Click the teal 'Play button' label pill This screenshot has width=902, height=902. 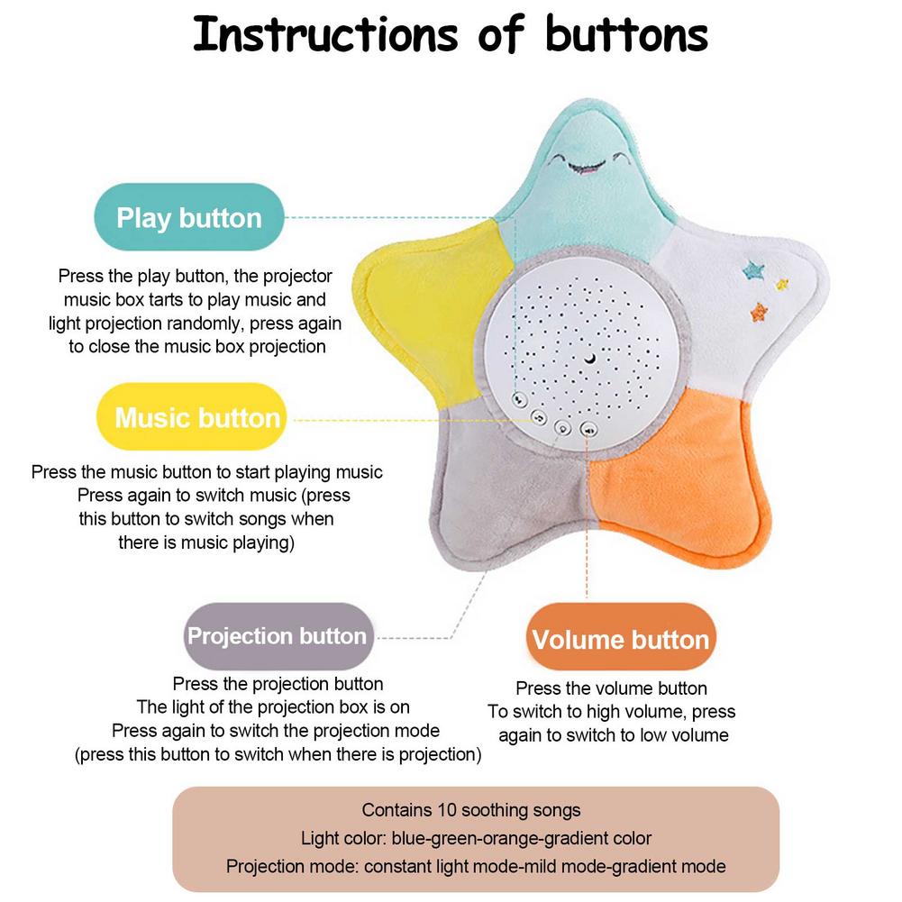189,217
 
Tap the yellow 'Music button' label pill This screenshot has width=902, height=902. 196,418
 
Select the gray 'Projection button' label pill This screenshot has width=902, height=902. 277,636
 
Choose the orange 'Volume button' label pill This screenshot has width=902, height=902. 620,640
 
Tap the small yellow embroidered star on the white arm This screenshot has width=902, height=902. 781,284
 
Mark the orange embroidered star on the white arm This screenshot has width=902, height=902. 761,312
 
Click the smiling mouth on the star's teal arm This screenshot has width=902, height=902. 578,166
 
